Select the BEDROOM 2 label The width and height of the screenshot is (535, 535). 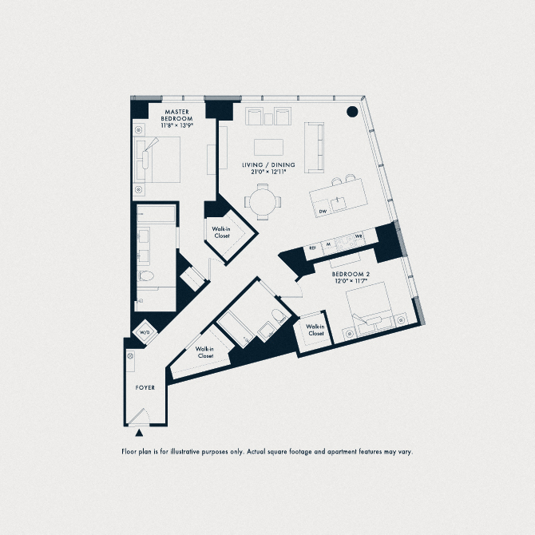(x=351, y=275)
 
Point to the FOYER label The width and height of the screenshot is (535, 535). (x=145, y=388)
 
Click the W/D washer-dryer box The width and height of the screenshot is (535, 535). (x=145, y=332)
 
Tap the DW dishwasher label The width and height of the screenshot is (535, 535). (x=323, y=211)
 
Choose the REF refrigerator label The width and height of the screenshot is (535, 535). (x=313, y=248)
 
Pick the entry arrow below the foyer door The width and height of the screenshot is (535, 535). (x=141, y=434)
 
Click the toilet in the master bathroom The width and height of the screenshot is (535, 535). (x=145, y=276)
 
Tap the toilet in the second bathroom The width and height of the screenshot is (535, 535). (x=276, y=316)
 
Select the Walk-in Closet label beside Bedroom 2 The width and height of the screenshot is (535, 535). (x=315, y=330)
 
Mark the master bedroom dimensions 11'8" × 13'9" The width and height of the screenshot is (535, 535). (x=176, y=125)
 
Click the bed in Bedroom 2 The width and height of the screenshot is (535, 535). (x=370, y=311)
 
